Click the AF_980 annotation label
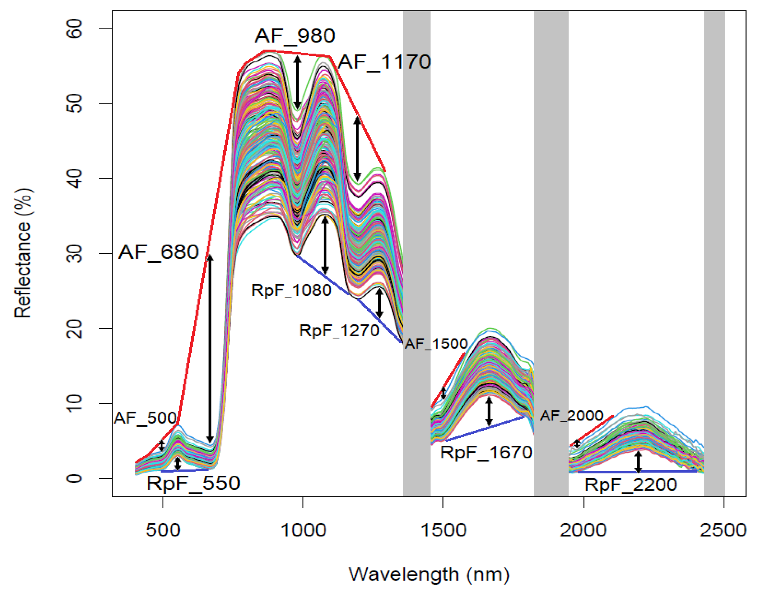coord(295,36)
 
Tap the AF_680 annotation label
coord(159,252)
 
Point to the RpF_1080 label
coord(291,290)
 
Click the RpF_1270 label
coord(339,330)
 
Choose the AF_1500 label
coord(436,344)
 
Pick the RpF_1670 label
coord(486,453)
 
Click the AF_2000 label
coord(571,415)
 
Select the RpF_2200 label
coord(631,485)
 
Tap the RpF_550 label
coord(193,483)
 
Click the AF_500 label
coord(146,418)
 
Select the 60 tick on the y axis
coord(74,29)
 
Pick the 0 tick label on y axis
coord(74,478)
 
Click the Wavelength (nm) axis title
coord(429,574)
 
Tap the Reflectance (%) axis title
coord(23,253)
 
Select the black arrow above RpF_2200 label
coord(638,462)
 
